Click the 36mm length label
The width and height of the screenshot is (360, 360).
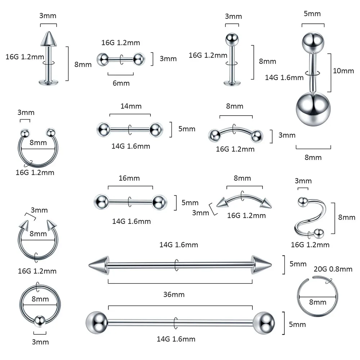(x=174, y=294)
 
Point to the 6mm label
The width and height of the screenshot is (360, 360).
(x=121, y=83)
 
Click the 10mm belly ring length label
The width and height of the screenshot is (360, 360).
(x=343, y=71)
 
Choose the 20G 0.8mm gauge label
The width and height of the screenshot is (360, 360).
(x=333, y=269)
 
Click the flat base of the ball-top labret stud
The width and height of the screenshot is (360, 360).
(x=232, y=83)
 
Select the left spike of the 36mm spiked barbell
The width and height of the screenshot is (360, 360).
(x=98, y=266)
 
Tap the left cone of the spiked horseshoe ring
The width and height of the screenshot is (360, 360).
(x=24, y=226)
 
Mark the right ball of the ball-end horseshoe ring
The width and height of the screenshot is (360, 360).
(x=50, y=132)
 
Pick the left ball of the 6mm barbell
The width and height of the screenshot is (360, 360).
(x=102, y=58)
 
